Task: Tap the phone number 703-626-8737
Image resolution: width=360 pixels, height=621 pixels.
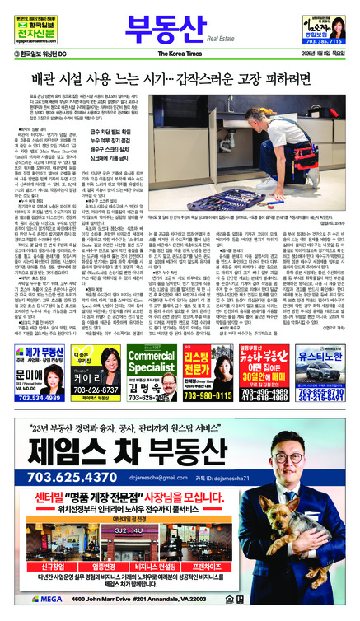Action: point(101,390)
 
